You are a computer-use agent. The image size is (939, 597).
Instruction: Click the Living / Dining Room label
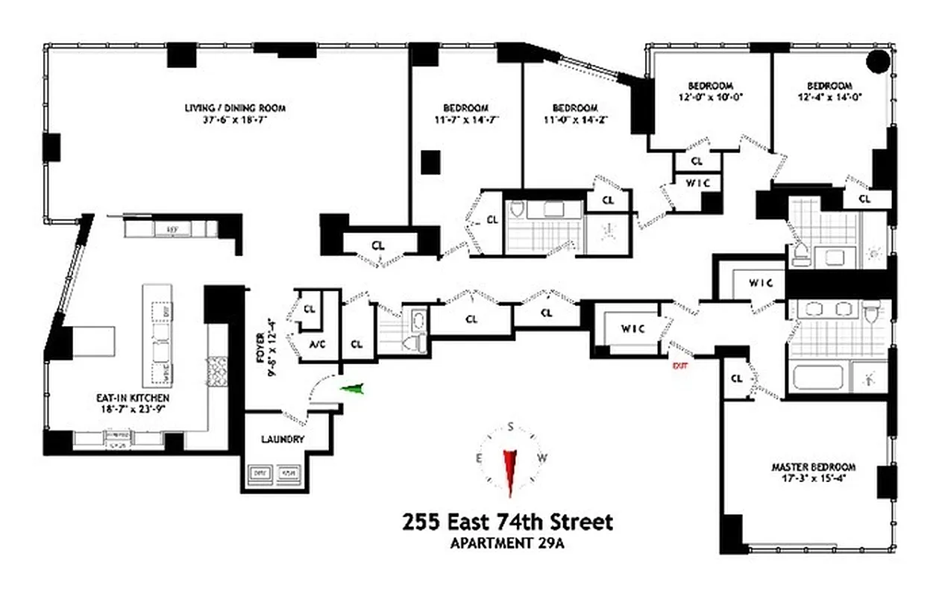[235, 108]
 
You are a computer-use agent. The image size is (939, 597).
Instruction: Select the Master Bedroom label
[813, 467]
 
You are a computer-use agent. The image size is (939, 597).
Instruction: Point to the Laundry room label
[283, 440]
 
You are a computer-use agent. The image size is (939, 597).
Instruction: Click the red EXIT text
[679, 366]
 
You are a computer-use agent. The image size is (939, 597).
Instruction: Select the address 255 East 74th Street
[507, 522]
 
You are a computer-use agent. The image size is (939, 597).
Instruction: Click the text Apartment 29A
[507, 543]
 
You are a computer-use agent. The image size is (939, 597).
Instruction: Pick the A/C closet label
[316, 344]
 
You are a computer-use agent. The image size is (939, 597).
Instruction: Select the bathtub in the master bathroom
[817, 377]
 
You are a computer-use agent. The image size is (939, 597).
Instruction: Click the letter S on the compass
[511, 427]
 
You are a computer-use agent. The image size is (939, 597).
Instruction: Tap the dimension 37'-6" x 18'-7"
[235, 120]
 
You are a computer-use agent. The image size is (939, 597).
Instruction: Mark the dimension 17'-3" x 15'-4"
[813, 479]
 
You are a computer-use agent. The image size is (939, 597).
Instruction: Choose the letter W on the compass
[543, 457]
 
